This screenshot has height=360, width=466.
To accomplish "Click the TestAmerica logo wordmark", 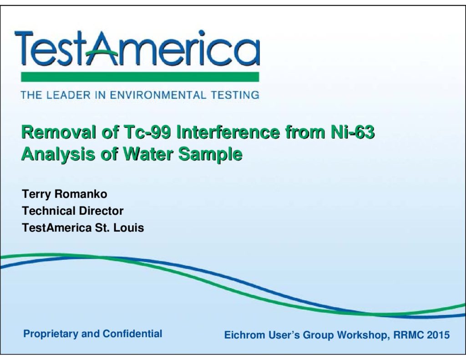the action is (x=137, y=48).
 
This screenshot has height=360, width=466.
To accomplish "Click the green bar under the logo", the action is (x=140, y=77).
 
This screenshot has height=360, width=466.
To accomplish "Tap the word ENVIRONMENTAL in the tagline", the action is (x=158, y=95).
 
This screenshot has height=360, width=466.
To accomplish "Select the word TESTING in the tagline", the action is (x=235, y=95).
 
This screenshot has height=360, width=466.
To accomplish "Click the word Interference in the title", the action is (x=228, y=132).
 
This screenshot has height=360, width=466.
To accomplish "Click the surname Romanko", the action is (x=81, y=194).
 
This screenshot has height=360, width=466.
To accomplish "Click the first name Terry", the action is (x=36, y=194).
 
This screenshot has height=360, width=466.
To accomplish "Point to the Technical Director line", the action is (x=73, y=211).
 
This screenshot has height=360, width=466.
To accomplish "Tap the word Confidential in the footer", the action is (x=132, y=334).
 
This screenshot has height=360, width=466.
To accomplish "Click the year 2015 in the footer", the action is (x=438, y=335).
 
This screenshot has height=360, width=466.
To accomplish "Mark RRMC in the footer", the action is (x=409, y=335).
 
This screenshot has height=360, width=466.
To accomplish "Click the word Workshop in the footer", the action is (x=364, y=335).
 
